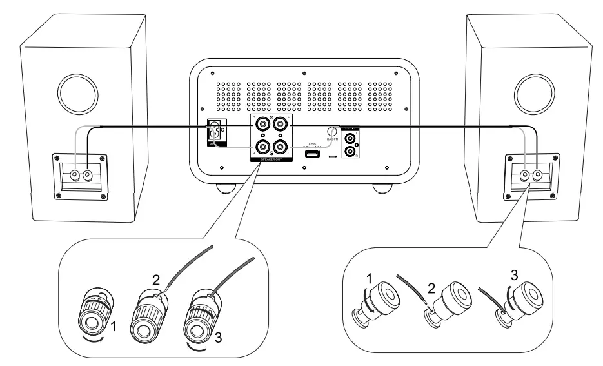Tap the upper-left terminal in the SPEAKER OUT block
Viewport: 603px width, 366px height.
[x=262, y=123]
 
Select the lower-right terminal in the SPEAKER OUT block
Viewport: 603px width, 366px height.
[x=281, y=146]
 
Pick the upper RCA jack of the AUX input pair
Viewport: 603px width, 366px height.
[x=350, y=137]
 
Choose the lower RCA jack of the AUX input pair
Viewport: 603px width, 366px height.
[x=350, y=152]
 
